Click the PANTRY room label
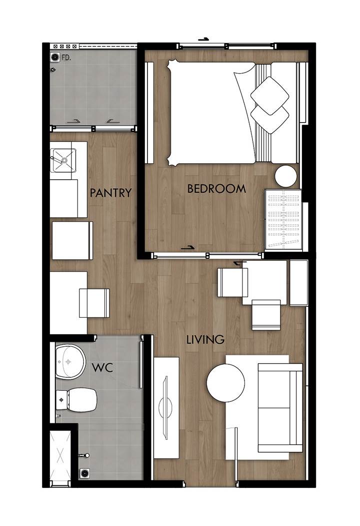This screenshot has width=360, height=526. [110, 193]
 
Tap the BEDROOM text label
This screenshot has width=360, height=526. [216, 189]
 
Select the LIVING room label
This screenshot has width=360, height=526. [205, 340]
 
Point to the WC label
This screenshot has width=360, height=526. [102, 368]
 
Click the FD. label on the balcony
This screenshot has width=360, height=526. [66, 58]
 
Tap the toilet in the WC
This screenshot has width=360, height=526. [76, 400]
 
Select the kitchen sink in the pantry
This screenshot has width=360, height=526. [63, 160]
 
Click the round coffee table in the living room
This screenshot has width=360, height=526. [225, 383]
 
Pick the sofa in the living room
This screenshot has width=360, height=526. [280, 407]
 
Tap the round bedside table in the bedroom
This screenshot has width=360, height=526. [286, 177]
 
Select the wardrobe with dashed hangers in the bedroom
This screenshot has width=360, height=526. [283, 220]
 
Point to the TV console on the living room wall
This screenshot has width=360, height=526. [166, 407]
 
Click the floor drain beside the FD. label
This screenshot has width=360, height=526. [55, 58]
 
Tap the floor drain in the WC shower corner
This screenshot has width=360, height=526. [84, 473]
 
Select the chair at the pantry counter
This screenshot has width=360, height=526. [94, 303]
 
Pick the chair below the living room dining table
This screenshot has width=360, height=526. [266, 315]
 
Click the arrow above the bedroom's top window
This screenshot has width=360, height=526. [203, 39]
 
